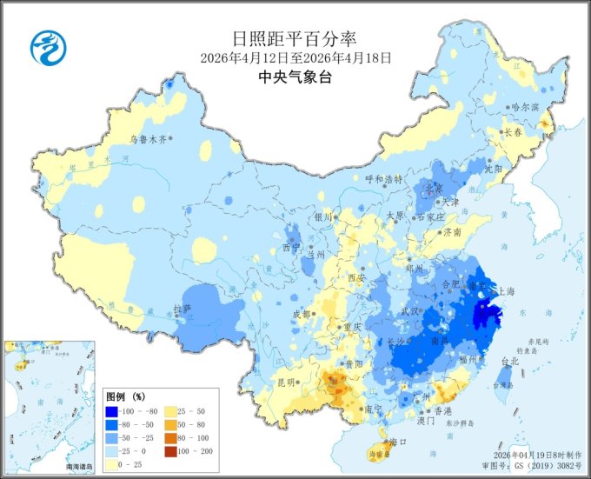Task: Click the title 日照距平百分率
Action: [295, 39]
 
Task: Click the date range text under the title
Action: [295, 58]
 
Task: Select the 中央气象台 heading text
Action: [295, 77]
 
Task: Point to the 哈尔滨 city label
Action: [526, 107]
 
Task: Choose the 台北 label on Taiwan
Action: [509, 361]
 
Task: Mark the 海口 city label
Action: [399, 442]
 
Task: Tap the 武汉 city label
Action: [410, 310]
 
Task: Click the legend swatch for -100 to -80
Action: [112, 410]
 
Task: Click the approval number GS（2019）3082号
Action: [543, 466]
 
